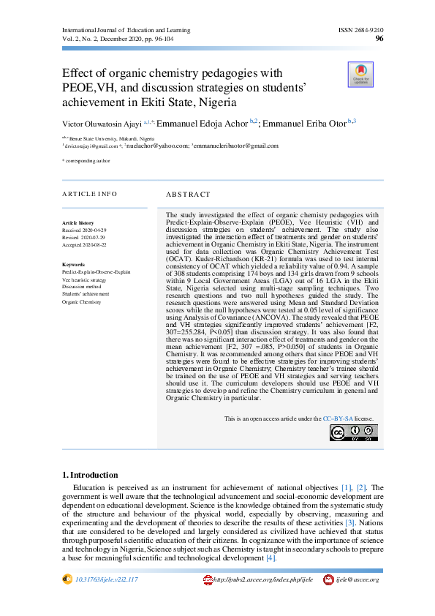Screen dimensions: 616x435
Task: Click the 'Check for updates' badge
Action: (360, 75)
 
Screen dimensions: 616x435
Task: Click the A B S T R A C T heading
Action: (188, 195)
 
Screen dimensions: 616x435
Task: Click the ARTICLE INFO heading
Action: (89, 194)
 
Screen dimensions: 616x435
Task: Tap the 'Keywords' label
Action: (74, 264)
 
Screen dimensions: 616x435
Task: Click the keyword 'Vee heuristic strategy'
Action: (84, 280)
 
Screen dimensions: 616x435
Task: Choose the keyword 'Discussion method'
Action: (80, 288)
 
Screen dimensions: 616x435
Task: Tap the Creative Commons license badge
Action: (353, 432)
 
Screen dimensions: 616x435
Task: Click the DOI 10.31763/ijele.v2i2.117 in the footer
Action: (106, 579)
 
